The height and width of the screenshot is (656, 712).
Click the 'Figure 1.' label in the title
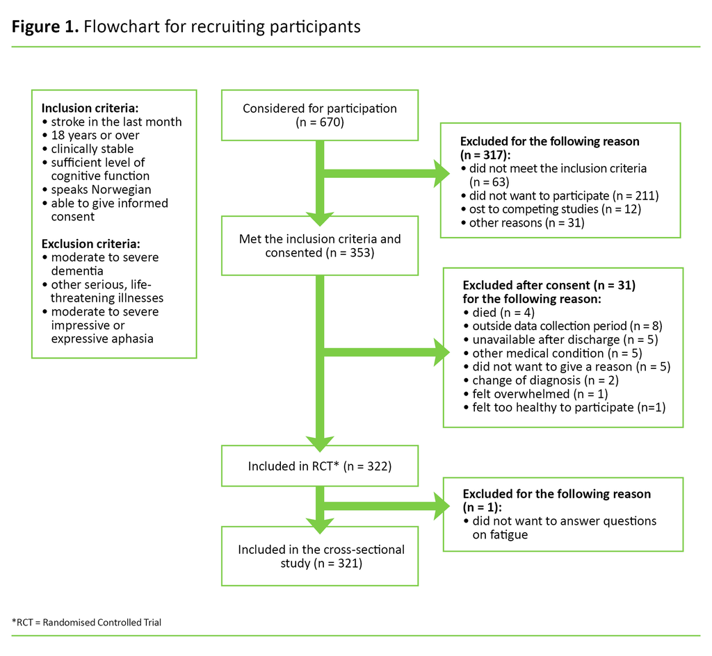tap(44, 27)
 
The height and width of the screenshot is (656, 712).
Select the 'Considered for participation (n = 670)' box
tap(319, 115)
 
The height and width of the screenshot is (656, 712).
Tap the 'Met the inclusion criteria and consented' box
tap(319, 246)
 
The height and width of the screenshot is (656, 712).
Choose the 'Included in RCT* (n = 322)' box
tap(319, 466)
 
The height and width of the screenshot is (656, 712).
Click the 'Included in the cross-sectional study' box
tap(319, 556)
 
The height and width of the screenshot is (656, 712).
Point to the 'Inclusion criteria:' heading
tap(90, 108)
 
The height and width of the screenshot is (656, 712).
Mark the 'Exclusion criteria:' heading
tap(90, 244)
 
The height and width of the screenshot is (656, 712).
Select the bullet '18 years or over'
tap(95, 136)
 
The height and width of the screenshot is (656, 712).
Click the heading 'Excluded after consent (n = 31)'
tap(549, 285)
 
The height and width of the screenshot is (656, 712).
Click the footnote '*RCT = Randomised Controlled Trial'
tap(87, 622)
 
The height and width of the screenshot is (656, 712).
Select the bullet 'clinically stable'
tap(92, 149)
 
